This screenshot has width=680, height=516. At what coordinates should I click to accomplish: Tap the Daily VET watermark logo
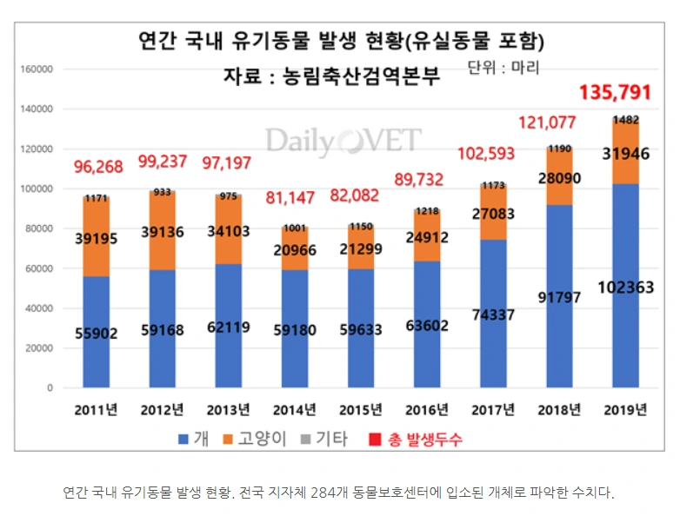[343, 141]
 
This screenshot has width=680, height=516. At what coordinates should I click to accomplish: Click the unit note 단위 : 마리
[503, 67]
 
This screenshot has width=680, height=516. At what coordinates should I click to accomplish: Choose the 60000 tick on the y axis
[38, 268]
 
